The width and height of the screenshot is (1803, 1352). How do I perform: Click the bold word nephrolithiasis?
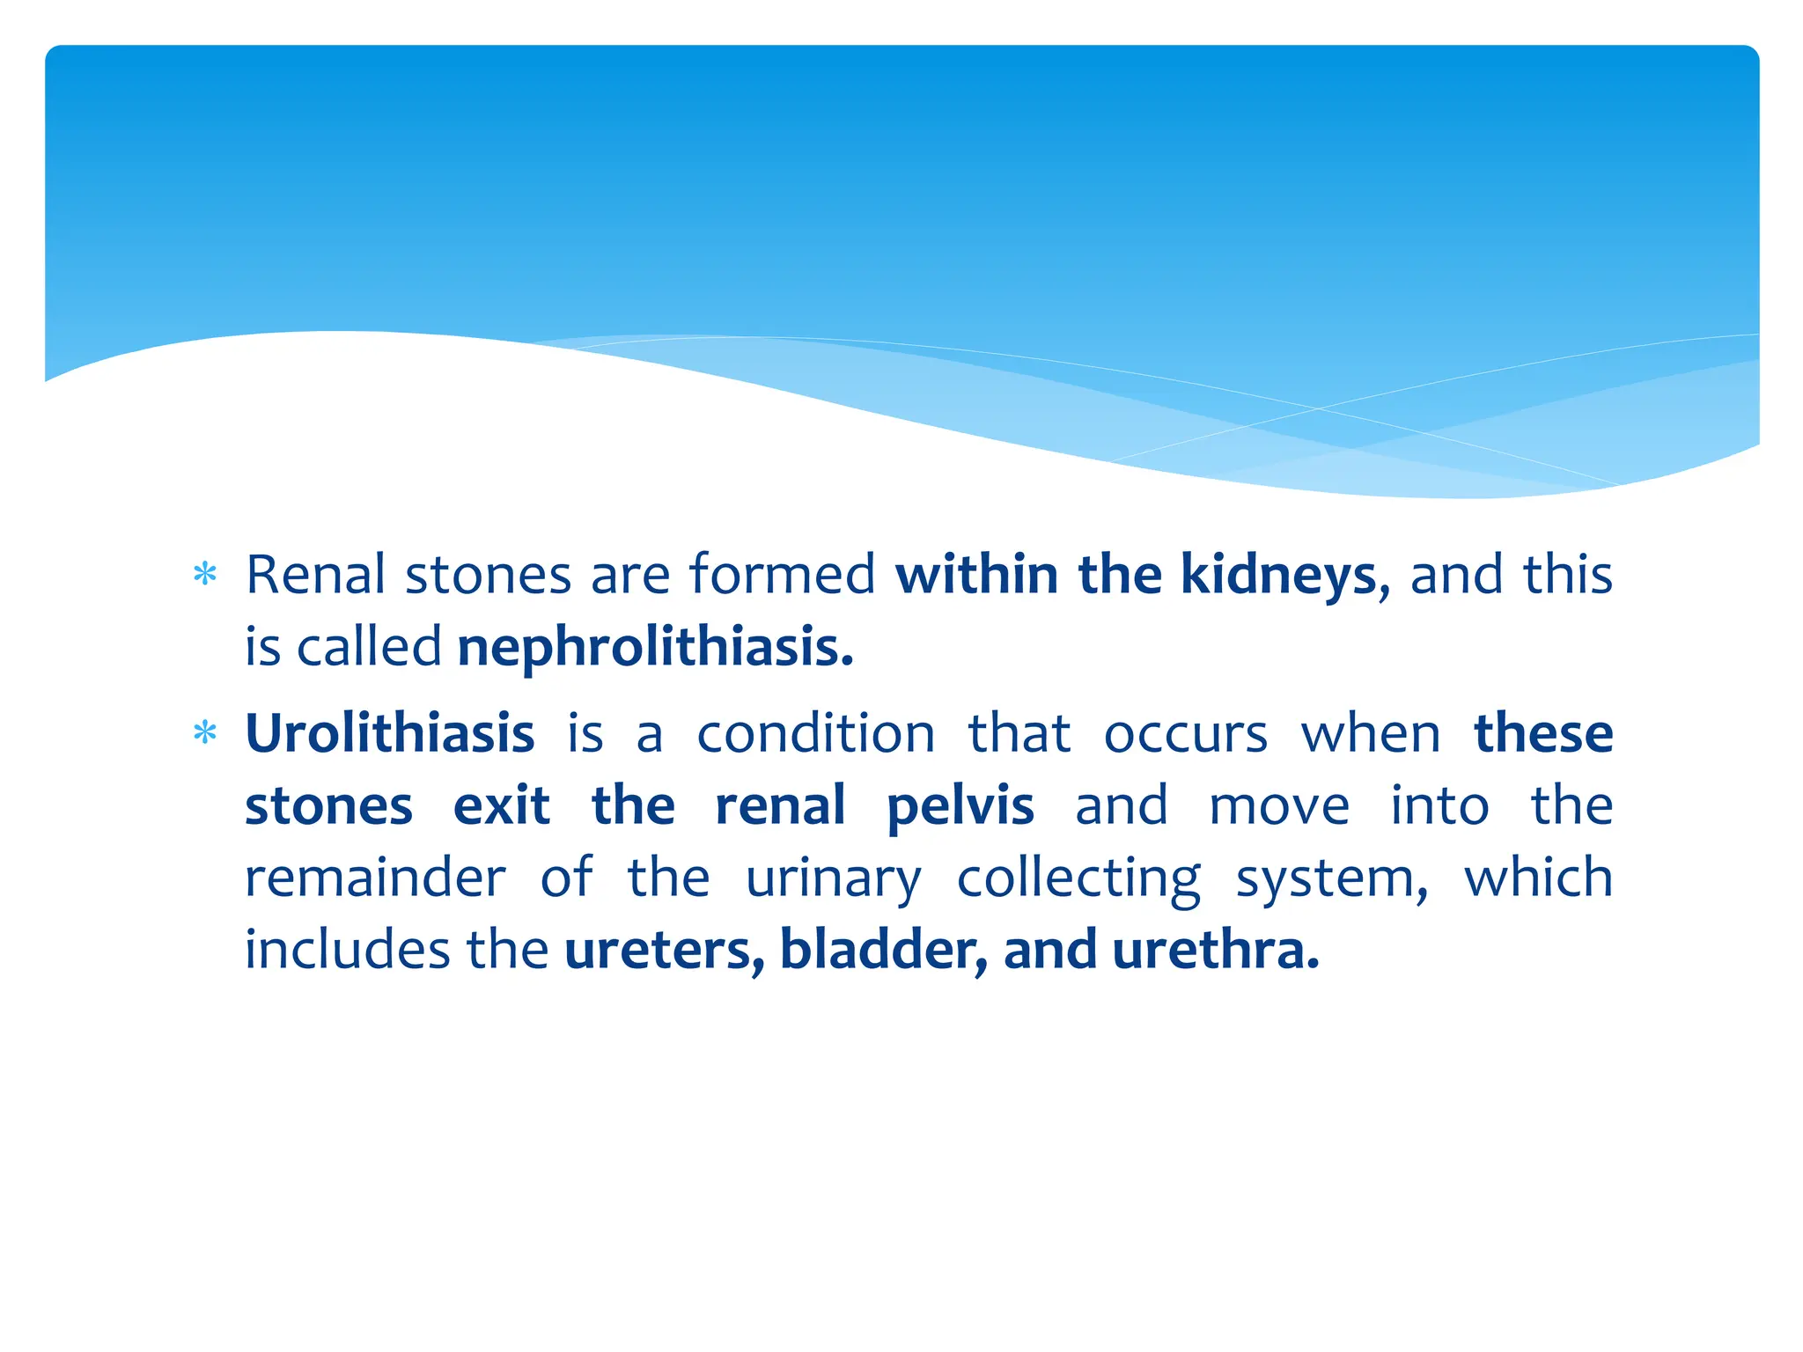(654, 647)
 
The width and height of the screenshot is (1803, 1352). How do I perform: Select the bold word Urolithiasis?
(389, 733)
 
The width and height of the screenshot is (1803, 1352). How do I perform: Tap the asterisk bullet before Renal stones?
(204, 576)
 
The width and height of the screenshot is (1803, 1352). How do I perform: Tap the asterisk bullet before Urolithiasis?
(204, 733)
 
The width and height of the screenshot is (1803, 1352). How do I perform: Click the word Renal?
(315, 575)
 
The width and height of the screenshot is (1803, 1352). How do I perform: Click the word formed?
(782, 575)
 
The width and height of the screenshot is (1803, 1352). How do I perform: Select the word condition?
(815, 733)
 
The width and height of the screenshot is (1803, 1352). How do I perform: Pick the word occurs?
(1185, 733)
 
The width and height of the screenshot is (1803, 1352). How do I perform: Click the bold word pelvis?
(960, 805)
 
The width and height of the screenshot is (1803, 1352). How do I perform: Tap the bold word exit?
(501, 805)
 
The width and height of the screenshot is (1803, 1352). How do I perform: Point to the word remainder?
(375, 878)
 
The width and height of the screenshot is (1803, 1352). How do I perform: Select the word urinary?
(833, 878)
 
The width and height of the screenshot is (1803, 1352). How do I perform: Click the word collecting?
(1078, 878)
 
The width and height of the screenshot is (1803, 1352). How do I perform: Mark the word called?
(369, 647)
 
